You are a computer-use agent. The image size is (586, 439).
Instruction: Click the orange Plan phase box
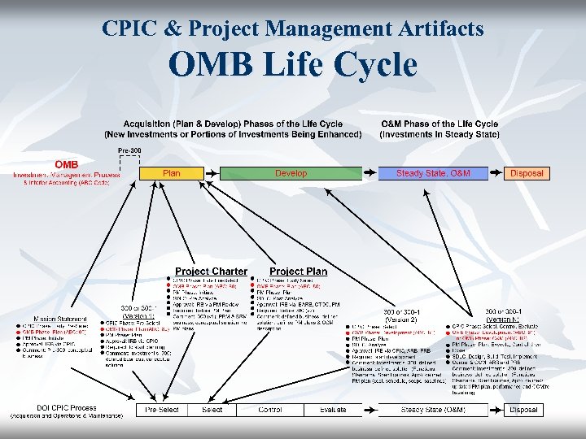(172, 173)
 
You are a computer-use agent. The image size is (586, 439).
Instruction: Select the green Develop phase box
(291, 173)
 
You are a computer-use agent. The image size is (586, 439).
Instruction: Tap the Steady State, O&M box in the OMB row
(433, 173)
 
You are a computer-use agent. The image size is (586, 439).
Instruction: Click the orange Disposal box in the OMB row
(526, 173)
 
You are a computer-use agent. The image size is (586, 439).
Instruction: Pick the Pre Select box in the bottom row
(162, 410)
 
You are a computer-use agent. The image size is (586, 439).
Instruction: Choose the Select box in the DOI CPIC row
(212, 410)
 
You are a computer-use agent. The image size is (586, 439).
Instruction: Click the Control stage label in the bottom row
(270, 410)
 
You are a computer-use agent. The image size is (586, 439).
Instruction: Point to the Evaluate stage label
(333, 410)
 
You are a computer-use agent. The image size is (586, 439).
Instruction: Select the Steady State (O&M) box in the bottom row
(433, 410)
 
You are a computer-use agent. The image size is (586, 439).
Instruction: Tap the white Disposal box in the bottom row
(523, 410)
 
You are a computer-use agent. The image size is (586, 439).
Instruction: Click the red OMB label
(66, 164)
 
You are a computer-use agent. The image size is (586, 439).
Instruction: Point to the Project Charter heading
(211, 271)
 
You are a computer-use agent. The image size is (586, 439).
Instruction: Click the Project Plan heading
(298, 271)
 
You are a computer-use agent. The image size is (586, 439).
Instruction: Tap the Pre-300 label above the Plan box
(130, 151)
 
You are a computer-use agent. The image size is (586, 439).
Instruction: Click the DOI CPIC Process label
(66, 407)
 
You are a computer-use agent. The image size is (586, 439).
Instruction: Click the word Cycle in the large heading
(372, 65)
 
